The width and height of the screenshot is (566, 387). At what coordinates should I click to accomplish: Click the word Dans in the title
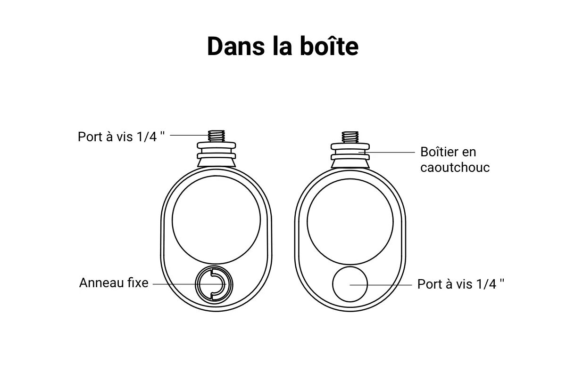pos(236,47)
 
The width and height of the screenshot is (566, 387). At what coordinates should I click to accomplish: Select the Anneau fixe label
pos(114,283)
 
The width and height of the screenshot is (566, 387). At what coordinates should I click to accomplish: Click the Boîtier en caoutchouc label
pos(455,160)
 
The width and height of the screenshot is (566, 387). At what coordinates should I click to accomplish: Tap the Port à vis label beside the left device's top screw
pos(121,137)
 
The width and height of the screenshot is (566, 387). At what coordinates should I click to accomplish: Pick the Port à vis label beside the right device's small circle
pos(461,284)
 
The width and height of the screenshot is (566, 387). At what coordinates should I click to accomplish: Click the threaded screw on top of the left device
pos(216,136)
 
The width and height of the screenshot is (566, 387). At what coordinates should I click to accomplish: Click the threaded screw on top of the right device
pos(350,137)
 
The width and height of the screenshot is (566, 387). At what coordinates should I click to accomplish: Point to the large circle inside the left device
pos(216,176)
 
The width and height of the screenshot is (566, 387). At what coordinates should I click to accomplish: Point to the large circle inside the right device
pos(350,179)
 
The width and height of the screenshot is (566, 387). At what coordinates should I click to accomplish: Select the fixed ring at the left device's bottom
pos(214,266)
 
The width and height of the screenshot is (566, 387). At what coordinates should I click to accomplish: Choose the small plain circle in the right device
pos(350,267)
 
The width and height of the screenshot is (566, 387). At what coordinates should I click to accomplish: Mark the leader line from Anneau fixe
pos(189,284)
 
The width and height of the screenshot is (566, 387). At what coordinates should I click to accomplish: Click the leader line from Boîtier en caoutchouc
pos(387,153)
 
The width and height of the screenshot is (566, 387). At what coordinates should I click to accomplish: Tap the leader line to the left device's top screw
pos(190,135)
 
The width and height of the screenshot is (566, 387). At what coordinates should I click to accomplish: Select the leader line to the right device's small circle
pos(381,285)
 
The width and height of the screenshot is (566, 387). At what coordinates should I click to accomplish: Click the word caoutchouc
pos(455,168)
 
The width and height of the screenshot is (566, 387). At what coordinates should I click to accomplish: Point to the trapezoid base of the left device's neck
pos(216,163)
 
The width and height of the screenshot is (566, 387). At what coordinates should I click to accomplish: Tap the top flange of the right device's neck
pos(350,146)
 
